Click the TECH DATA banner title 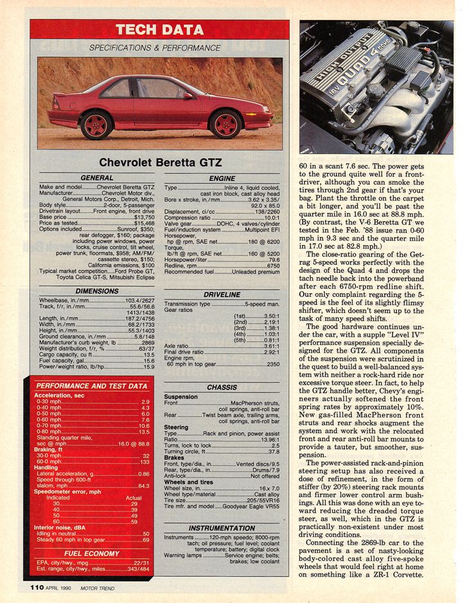point(159,30)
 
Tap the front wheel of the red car point(226,124)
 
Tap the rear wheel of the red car point(97,124)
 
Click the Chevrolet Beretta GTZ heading point(159,163)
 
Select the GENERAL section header point(96,178)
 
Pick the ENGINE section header point(222,178)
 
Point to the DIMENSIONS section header point(96,291)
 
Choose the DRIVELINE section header point(222,294)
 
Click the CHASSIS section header point(222,387)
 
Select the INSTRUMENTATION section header point(222,528)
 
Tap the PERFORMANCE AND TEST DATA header point(91,386)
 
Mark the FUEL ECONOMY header point(91,553)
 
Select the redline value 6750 point(273,266)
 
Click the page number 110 point(36,586)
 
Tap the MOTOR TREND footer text point(99,587)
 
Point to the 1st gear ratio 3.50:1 point(271,316)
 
